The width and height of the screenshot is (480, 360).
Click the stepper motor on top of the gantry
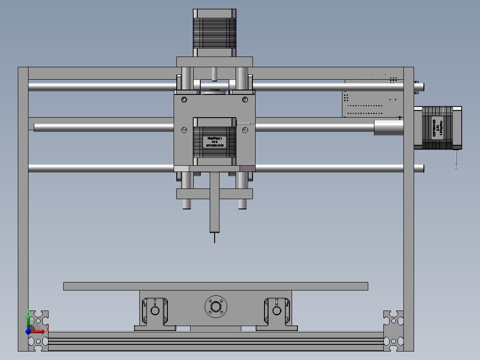tap(214, 33)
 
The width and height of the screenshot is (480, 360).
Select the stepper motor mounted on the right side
tap(437, 127)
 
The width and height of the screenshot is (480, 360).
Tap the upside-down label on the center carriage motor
tap(214, 142)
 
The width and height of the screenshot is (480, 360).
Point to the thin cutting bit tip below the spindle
tap(215, 238)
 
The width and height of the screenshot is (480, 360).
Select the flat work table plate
tap(216, 286)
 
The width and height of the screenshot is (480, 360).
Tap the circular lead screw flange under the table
tap(216, 307)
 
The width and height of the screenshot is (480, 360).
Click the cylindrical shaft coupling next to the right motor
tap(388, 127)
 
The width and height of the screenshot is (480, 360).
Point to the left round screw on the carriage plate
tap(184, 130)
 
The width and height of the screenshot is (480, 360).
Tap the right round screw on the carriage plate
tap(245, 130)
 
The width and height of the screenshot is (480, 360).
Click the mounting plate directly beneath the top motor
tap(214, 61)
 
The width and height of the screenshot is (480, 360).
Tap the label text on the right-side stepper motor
tap(437, 127)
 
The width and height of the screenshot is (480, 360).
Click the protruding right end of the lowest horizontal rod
tap(419, 168)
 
